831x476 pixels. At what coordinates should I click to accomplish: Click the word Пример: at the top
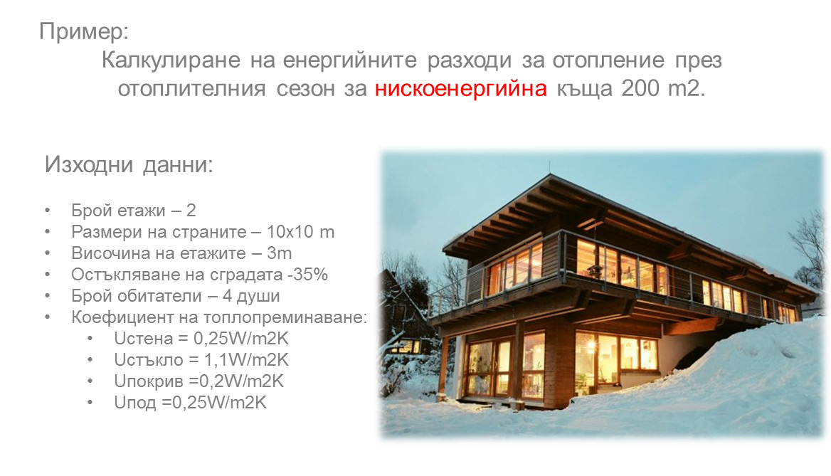(84, 31)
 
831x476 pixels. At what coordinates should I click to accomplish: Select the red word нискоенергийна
(460, 88)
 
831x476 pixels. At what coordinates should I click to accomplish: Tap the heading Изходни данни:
(129, 164)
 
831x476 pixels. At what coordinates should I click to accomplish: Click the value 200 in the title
(640, 88)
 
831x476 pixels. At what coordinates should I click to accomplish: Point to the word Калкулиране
(171, 60)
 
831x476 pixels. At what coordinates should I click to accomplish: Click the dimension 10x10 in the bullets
(287, 232)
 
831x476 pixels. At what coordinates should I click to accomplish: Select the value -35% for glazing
(307, 275)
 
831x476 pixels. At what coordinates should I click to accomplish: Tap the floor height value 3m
(280, 253)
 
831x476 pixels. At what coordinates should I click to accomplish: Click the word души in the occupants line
(258, 296)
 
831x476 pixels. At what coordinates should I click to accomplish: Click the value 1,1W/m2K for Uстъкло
(246, 360)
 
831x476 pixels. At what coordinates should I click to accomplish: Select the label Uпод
(135, 403)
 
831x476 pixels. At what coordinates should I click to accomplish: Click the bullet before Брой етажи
(48, 211)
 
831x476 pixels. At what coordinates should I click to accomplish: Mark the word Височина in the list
(105, 253)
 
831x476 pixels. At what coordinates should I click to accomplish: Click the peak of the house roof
(549, 174)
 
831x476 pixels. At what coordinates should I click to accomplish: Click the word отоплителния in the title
(191, 88)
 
